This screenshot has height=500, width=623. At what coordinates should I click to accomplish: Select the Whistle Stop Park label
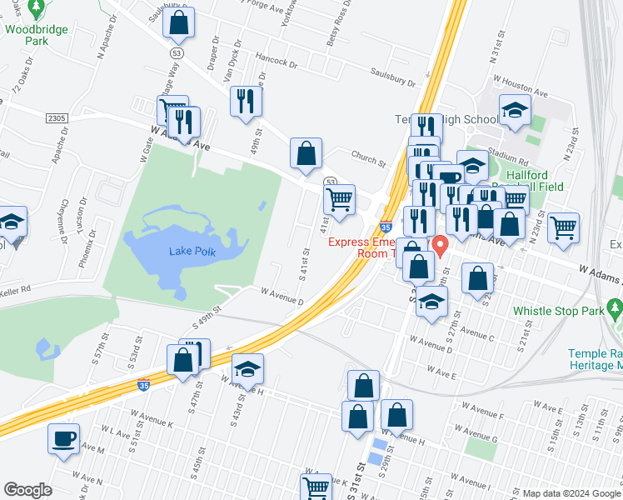point(556,310)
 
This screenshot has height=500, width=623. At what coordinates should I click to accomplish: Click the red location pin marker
point(439,246)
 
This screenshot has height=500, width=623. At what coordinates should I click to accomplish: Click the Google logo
point(28,490)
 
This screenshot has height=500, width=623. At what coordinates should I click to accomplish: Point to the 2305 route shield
point(57,119)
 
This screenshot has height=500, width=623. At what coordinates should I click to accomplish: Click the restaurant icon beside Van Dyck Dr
point(247,102)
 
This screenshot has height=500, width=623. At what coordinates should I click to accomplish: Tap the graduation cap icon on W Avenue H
point(247,368)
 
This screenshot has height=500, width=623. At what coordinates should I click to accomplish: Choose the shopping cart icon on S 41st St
point(339,200)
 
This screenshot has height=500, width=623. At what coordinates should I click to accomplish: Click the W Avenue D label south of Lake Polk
point(282,292)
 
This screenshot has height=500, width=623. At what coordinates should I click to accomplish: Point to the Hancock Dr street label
point(277,62)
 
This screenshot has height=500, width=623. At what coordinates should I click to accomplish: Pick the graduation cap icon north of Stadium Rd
point(515,109)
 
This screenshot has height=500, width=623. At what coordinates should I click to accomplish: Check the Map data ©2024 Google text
point(571,492)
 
